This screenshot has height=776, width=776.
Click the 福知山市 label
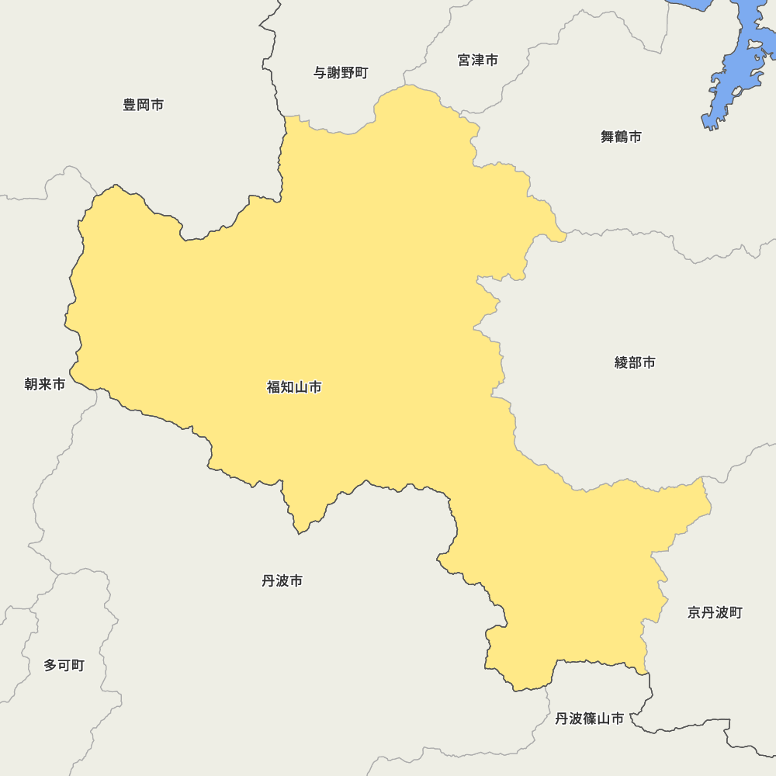pos(294,387)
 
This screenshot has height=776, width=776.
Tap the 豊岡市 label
pos(144,105)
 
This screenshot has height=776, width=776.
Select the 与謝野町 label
pos(341,73)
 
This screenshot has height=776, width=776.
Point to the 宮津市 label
pos(478,60)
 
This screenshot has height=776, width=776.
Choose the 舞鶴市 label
pos(621,137)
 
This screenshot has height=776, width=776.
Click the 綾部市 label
pos(635,362)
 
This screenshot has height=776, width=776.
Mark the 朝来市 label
pos(45,384)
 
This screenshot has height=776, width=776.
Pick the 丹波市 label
pos(282,580)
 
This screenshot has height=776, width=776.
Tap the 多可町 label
pos(64,665)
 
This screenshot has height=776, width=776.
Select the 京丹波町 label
pos(715,613)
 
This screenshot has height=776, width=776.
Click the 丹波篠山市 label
pos(589,719)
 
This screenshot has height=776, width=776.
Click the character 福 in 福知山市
pos(274,387)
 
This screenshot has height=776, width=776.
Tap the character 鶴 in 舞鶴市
pos(621,137)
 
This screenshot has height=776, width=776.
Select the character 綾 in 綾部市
pos(622,362)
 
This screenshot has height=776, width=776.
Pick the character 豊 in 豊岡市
pos(130,105)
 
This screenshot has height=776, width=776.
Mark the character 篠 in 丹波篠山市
pos(596,719)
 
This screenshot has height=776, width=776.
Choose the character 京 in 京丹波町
pos(695,613)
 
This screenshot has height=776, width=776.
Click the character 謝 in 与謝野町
pos(334,73)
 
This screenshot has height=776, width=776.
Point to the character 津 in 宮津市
pos(478,60)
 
